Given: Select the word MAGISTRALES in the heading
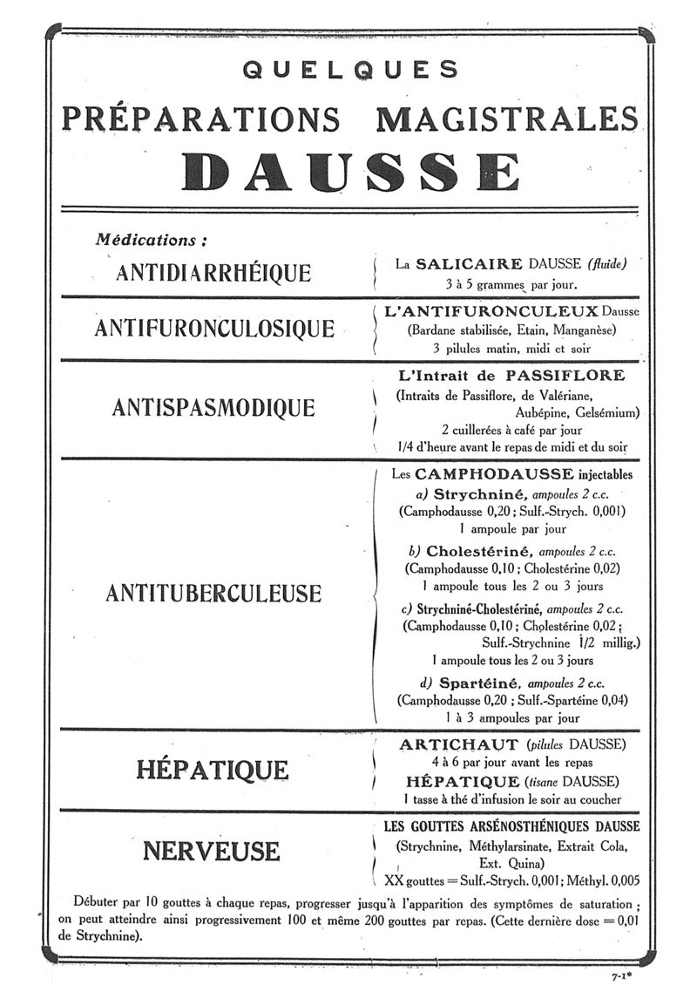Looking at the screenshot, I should (507, 118).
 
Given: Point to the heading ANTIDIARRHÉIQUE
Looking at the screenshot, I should (213, 272).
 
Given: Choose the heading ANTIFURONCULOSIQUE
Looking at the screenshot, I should (213, 329).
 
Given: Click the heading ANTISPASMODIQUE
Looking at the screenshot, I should (213, 407).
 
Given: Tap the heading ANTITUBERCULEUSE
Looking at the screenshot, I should (213, 594).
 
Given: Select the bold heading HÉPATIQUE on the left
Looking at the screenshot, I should (213, 770).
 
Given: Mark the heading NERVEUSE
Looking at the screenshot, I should (212, 850).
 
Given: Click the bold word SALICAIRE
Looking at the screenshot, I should (468, 263).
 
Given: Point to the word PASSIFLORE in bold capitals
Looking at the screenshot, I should (565, 376).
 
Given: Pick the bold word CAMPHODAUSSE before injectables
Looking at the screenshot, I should (494, 474).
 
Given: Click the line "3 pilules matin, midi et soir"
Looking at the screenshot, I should (511, 348).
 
